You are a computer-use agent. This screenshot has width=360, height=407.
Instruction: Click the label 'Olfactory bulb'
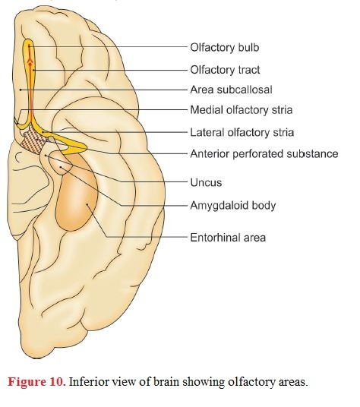[x=225, y=48]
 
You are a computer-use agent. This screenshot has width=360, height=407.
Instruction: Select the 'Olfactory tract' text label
[x=225, y=70]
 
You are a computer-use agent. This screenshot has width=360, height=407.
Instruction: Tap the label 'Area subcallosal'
[x=231, y=90]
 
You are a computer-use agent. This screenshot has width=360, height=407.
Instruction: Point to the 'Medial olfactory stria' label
[x=242, y=110]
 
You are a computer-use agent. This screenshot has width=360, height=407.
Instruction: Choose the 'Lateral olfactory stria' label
[x=242, y=132]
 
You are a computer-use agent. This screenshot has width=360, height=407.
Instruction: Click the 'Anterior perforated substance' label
[x=264, y=153]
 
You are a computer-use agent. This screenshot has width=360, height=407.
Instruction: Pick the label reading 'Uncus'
[x=206, y=182]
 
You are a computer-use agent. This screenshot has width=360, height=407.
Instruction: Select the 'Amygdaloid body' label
[x=233, y=206]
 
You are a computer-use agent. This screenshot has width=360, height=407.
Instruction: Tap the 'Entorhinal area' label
[x=228, y=238]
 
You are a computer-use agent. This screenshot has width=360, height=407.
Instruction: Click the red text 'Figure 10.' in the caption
[x=36, y=382]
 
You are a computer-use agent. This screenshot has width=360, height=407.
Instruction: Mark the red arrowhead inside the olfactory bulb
[x=30, y=62]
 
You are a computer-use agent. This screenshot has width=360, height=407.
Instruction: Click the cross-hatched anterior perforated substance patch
[x=33, y=140]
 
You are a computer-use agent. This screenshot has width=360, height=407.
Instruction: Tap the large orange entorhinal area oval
[x=77, y=192]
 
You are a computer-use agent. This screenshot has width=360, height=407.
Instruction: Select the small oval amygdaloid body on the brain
[x=60, y=162]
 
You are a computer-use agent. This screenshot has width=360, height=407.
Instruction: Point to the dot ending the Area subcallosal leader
[x=21, y=90]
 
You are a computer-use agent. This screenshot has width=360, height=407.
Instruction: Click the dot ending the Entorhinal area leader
[x=87, y=204]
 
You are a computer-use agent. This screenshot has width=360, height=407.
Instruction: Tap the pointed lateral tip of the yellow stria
[x=86, y=149]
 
